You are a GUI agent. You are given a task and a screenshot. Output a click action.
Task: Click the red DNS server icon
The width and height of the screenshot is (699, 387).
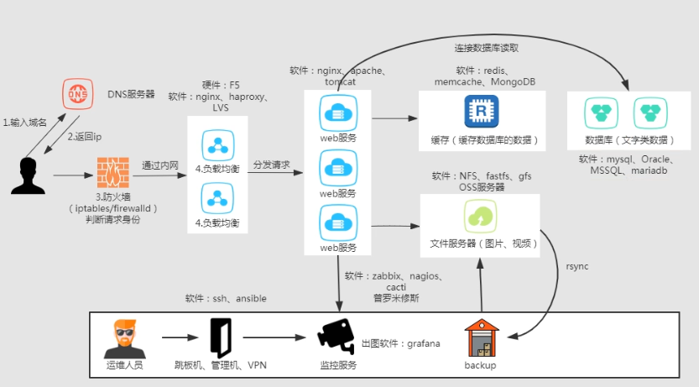click(77, 94)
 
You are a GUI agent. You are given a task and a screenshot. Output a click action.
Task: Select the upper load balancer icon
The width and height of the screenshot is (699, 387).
click(217, 141)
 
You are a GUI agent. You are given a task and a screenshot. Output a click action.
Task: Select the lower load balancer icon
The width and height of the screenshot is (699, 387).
click(217, 199)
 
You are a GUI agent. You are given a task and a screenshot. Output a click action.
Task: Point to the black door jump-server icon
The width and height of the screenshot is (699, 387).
click(221, 337)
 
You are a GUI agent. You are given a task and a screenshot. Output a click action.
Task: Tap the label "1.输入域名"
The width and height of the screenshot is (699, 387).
click(26, 123)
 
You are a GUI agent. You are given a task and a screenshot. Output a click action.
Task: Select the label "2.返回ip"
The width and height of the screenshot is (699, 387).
click(84, 137)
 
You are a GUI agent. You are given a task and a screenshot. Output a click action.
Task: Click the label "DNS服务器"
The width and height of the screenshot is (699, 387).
click(131, 94)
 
